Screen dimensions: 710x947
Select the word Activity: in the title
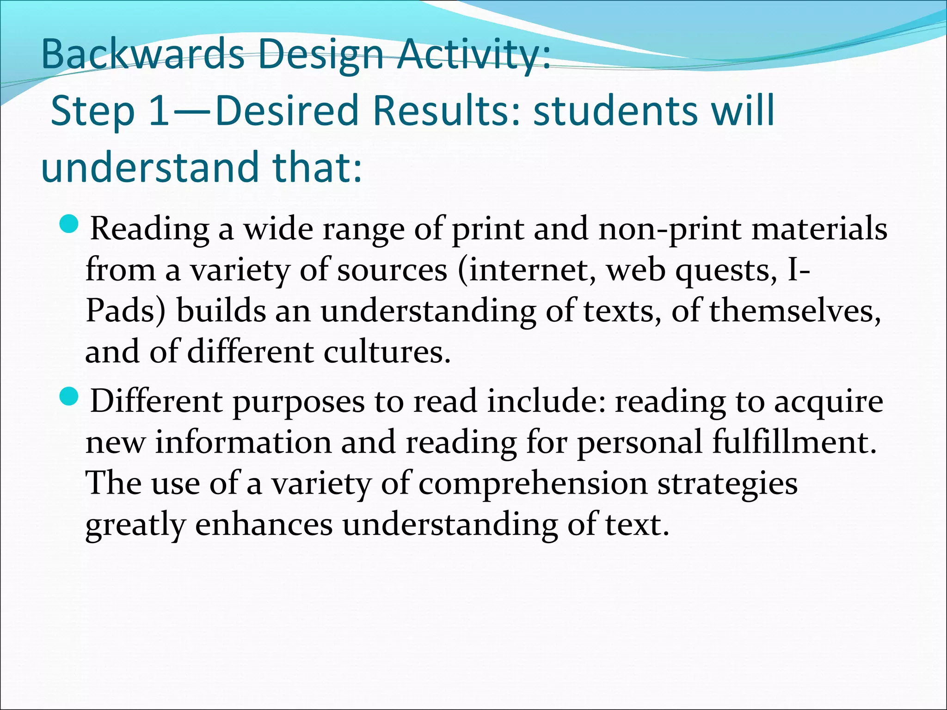(x=474, y=55)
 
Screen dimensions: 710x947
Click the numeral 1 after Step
(x=160, y=111)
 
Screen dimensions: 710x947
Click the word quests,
(x=726, y=270)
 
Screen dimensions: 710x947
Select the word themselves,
(x=795, y=311)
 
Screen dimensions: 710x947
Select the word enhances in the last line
(x=264, y=525)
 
